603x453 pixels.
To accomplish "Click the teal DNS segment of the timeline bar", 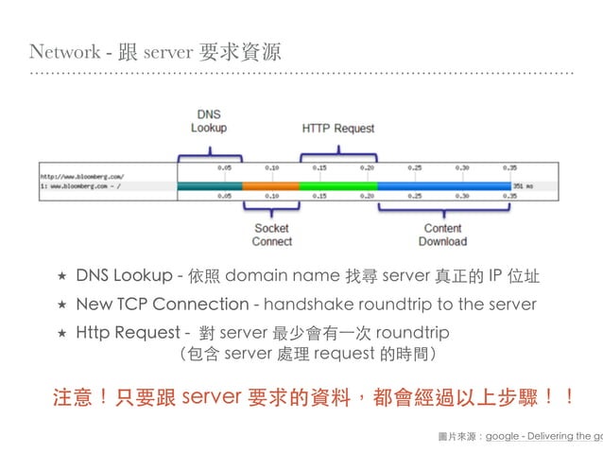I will [209, 186].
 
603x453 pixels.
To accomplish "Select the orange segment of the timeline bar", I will [270, 186].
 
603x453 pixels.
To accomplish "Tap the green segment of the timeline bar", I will [337, 186].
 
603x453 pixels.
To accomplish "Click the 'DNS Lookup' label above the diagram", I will [208, 121].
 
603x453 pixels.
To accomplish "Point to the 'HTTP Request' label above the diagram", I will [338, 128].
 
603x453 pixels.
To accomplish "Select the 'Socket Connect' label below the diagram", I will [271, 235].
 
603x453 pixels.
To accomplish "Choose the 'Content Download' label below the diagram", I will [442, 235].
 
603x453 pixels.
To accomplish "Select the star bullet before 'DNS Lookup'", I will [61, 277].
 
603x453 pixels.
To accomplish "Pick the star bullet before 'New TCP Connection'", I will [61, 305].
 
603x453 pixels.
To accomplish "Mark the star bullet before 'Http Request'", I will [61, 334].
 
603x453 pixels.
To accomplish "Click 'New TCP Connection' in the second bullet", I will [162, 305].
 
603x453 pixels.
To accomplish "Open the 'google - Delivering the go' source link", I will [543, 437].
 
